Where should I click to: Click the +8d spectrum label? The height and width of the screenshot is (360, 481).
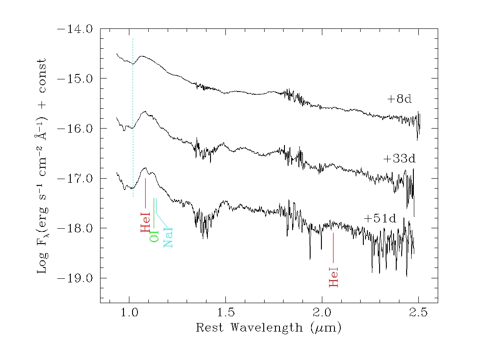(x=399, y=99)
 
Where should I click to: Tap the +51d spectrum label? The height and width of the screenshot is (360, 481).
(x=380, y=219)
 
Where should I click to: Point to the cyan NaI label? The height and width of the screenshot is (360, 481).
(x=168, y=237)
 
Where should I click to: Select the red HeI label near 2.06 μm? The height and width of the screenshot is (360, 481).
(x=333, y=277)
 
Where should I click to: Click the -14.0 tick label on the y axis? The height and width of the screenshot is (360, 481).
(x=74, y=29)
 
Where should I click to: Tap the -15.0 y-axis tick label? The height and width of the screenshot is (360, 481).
(x=74, y=78)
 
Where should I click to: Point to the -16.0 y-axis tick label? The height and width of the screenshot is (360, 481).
(x=74, y=129)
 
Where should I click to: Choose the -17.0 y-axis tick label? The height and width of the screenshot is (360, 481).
(x=74, y=178)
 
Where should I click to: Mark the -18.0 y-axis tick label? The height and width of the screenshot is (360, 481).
(x=74, y=228)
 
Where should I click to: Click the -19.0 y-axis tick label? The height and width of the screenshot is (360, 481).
(x=74, y=278)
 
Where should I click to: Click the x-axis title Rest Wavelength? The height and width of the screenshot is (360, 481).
(x=268, y=328)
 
